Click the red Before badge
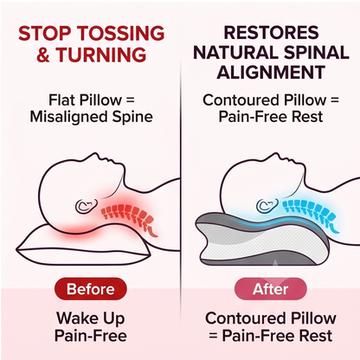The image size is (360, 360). (x=91, y=289)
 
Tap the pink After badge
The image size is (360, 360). (x=270, y=289)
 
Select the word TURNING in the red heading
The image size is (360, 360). (x=101, y=55)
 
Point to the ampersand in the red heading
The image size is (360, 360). (x=43, y=55)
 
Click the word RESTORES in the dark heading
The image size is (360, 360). (x=271, y=32)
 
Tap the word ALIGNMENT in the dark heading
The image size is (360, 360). (x=271, y=72)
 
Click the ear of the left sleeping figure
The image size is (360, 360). (x=86, y=205)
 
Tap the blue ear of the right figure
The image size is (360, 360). (x=267, y=205)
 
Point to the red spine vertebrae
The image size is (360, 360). (x=130, y=216)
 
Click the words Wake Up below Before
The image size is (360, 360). (x=91, y=318)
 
